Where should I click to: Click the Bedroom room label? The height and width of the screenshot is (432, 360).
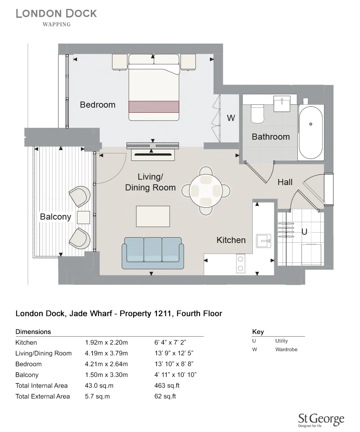(x=98, y=105)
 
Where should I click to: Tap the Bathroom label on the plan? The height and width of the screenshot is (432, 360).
(x=271, y=137)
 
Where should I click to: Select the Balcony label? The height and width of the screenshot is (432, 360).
(x=55, y=217)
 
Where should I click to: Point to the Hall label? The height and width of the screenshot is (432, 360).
(x=285, y=182)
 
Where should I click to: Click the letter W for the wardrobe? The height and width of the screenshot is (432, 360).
(x=231, y=118)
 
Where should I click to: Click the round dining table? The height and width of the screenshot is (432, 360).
(x=206, y=190)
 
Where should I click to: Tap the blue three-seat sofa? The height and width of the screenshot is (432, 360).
(x=153, y=253)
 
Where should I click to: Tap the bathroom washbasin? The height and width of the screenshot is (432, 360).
(x=283, y=104)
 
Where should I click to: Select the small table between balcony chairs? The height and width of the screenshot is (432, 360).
(x=84, y=217)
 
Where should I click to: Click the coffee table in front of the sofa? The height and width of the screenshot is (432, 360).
(x=153, y=216)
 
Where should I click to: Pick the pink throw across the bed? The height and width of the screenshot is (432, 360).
(x=154, y=107)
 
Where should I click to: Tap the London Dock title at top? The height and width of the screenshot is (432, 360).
(x=56, y=14)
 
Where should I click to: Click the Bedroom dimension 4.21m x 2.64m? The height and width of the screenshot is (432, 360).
(x=106, y=364)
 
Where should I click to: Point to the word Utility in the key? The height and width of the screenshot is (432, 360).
(x=282, y=341)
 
